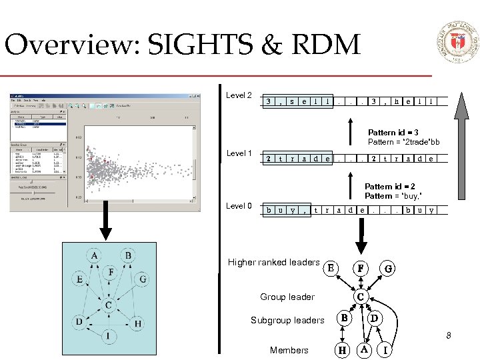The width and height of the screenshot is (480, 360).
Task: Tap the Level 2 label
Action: [x=239, y=95]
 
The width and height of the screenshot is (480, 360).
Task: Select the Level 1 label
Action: [x=239, y=153]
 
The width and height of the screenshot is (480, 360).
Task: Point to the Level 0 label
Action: [x=239, y=206]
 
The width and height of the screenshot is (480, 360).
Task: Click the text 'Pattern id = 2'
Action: [x=391, y=187]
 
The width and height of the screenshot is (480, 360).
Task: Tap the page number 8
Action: [x=449, y=335]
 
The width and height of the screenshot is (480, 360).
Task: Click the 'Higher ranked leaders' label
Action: [x=273, y=262]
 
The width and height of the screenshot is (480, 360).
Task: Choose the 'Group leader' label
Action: [x=287, y=297]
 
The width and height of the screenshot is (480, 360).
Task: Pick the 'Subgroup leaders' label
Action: [x=287, y=320]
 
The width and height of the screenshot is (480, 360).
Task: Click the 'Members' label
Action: [x=289, y=350]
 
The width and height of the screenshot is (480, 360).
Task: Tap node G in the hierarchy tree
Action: [x=388, y=268]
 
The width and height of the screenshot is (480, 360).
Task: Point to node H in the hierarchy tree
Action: [x=342, y=349]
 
